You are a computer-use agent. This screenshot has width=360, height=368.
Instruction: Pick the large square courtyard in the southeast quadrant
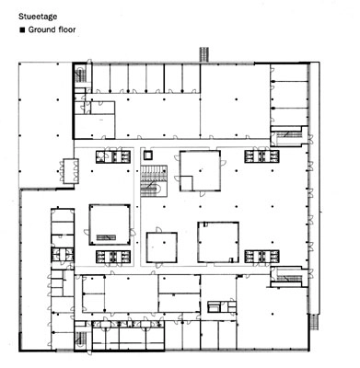(219, 242)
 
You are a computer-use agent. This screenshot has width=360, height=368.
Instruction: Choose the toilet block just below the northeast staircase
(268, 157)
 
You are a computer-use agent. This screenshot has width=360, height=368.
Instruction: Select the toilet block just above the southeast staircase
(268, 257)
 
